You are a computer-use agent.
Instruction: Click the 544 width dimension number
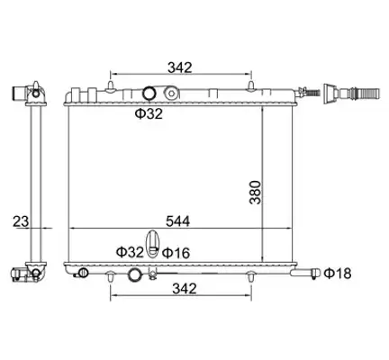click(178, 221)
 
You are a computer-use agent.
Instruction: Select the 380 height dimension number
click(255, 193)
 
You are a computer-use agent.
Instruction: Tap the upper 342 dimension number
click(179, 67)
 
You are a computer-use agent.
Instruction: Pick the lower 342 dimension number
click(185, 289)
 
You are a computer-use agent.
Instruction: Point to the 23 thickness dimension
click(21, 221)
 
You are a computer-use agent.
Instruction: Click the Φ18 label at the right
click(338, 274)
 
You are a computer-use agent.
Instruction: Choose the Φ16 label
click(176, 253)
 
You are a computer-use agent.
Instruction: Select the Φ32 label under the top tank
click(149, 113)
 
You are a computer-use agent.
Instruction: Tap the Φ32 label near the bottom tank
click(130, 252)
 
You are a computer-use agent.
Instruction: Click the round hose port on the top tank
click(149, 94)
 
